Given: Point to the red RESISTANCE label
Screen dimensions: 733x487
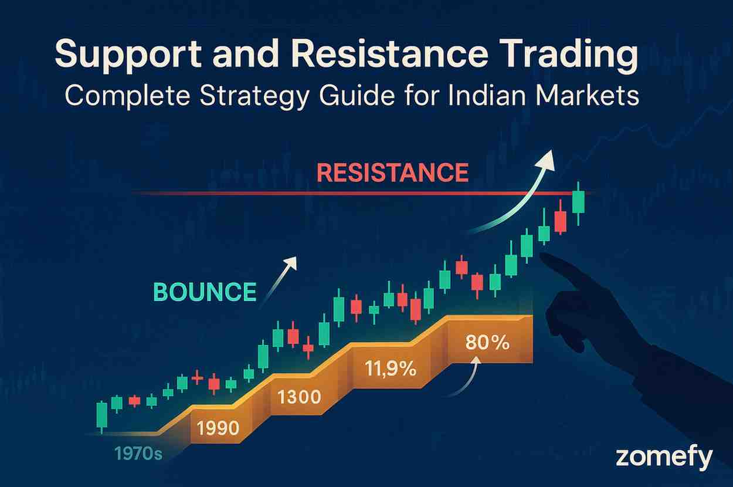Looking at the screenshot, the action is click(x=393, y=173).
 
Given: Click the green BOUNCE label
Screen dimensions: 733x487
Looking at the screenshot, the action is click(x=205, y=292).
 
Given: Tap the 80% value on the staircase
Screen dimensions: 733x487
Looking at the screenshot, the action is click(x=487, y=343).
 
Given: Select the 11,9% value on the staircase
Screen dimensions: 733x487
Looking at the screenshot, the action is click(x=390, y=369).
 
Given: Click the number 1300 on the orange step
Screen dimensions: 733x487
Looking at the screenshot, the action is click(x=299, y=397).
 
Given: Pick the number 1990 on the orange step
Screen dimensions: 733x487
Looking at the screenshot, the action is click(x=218, y=428).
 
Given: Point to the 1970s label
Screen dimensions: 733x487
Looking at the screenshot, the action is click(x=138, y=454).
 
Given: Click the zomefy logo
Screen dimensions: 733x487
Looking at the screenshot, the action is click(x=664, y=457).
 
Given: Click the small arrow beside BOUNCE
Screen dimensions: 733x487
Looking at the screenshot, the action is click(x=278, y=281).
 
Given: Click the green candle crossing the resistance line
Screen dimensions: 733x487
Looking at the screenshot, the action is click(x=578, y=202).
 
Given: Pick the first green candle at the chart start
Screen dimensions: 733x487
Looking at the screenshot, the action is click(x=102, y=416).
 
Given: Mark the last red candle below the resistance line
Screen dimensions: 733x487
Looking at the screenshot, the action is click(x=560, y=221).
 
